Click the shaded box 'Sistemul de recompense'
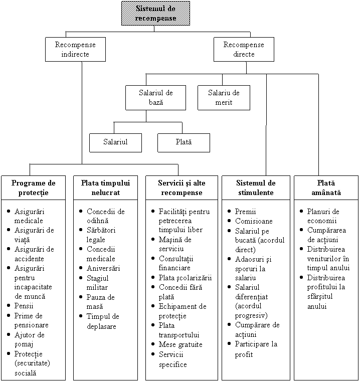[x=155, y=14]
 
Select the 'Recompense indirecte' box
[x=75, y=49]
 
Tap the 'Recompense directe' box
[x=244, y=49]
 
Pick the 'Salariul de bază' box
[x=155, y=97]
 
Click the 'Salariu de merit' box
[x=224, y=97]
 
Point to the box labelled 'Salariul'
[x=115, y=143]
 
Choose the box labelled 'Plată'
[x=184, y=143]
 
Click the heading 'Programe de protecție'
[x=34, y=188]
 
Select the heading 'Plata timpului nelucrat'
[x=105, y=188]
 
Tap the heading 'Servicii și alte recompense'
[x=182, y=188]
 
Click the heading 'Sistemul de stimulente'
[x=256, y=188]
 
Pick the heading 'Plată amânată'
[x=326, y=188]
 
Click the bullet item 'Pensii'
[x=24, y=306]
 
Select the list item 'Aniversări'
[x=103, y=268]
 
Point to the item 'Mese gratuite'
[x=181, y=344]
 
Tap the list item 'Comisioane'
[x=254, y=221]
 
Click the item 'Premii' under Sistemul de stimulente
[x=245, y=212]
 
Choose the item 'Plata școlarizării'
[x=185, y=278]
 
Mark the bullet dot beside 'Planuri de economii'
[x=301, y=211]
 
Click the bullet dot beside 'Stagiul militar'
[x=81, y=278]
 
